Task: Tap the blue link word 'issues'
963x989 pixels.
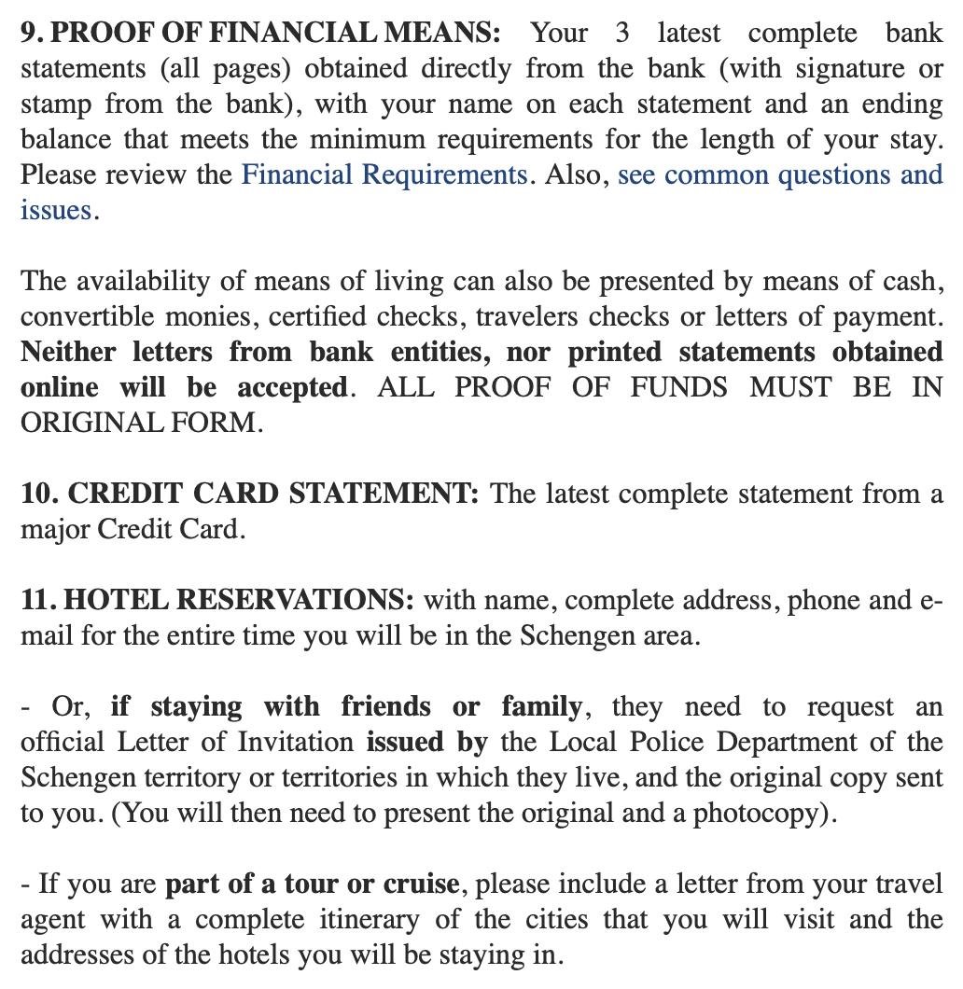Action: click(56, 210)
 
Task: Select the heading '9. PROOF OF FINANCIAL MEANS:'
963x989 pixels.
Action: click(260, 33)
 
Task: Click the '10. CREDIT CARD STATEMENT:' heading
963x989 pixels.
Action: click(250, 494)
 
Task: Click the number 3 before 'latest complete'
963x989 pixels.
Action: click(622, 33)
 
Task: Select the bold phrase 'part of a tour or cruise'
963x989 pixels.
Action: click(312, 884)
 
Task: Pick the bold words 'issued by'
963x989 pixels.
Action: click(427, 742)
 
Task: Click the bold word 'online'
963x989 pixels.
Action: click(59, 387)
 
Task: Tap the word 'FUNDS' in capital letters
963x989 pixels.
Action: click(678, 387)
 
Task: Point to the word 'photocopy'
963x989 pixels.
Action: click(761, 813)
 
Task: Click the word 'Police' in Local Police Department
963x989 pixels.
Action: click(672, 742)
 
